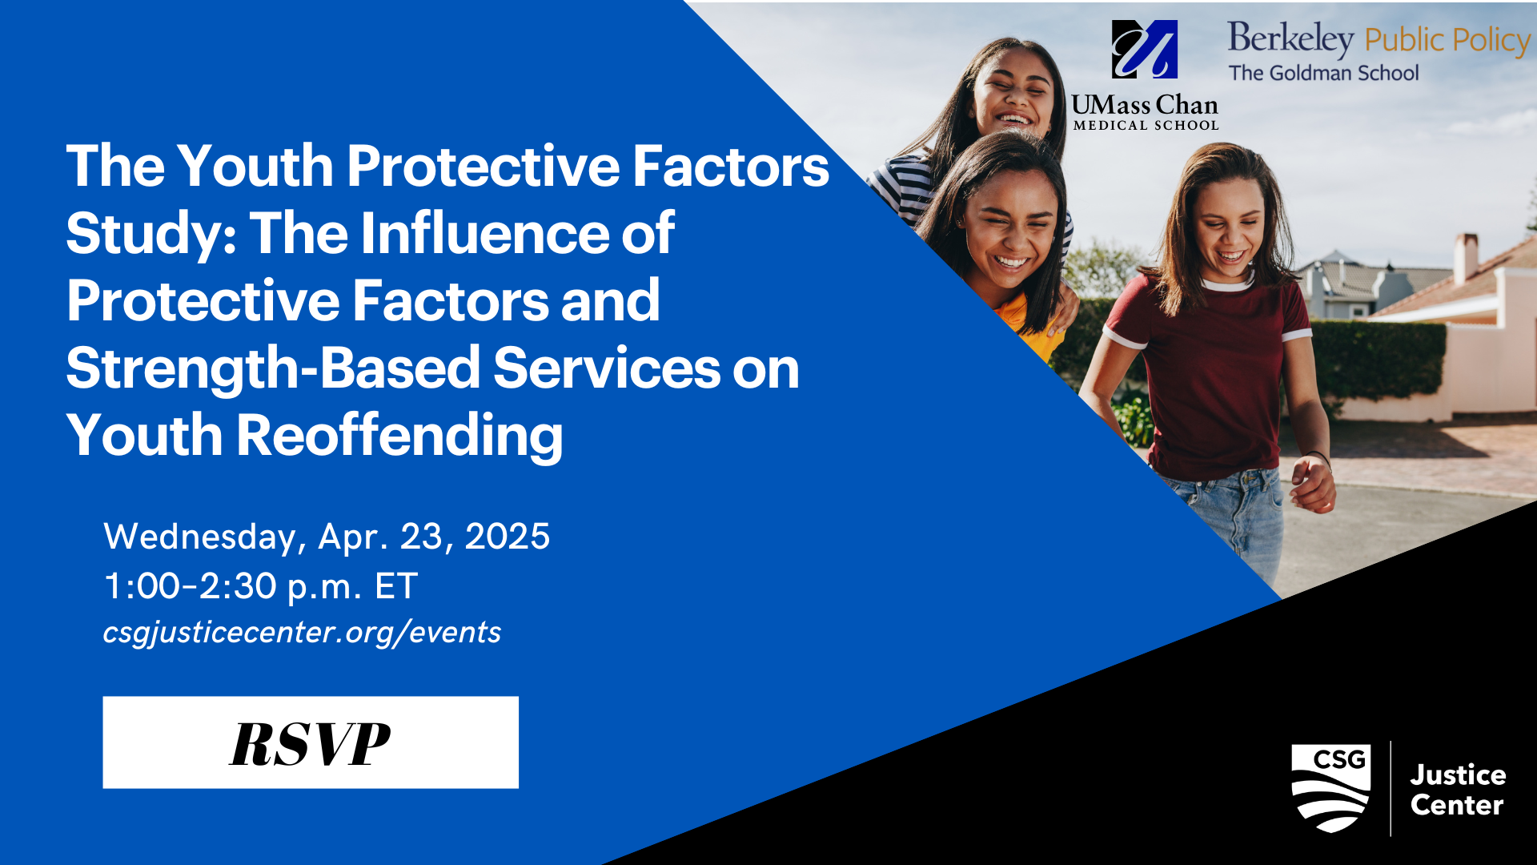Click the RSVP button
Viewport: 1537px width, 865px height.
click(311, 742)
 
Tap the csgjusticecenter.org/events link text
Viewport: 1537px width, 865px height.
click(302, 633)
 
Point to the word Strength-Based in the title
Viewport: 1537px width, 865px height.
click(272, 369)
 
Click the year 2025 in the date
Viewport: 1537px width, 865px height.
click(508, 537)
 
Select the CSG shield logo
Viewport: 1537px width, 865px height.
click(1331, 788)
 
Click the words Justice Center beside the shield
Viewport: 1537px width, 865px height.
click(1458, 790)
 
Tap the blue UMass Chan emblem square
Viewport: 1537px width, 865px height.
click(1145, 49)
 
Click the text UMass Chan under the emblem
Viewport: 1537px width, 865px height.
click(1145, 105)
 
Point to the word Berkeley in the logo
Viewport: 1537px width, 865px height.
click(1290, 38)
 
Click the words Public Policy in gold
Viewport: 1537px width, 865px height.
click(1447, 40)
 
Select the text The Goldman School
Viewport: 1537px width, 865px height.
click(1324, 73)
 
